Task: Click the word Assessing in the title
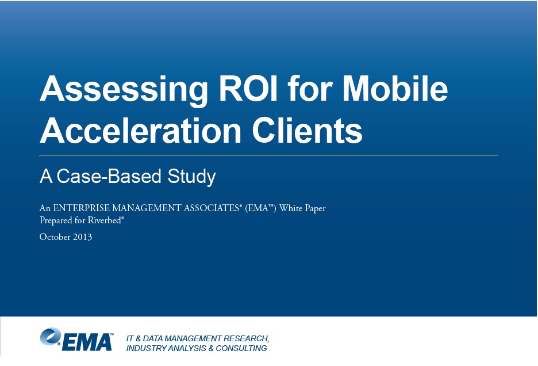point(124,90)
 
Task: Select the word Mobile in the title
point(395,88)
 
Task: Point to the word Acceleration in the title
point(141,131)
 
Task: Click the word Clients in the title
point(308,131)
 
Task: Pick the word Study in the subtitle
point(191,177)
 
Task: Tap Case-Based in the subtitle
point(109,176)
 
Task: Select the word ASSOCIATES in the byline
point(211,208)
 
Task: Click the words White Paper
point(302,208)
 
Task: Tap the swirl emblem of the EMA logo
point(51,336)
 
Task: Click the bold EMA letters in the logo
point(87,342)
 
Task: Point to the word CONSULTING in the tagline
point(241,348)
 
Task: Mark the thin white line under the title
point(268,155)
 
